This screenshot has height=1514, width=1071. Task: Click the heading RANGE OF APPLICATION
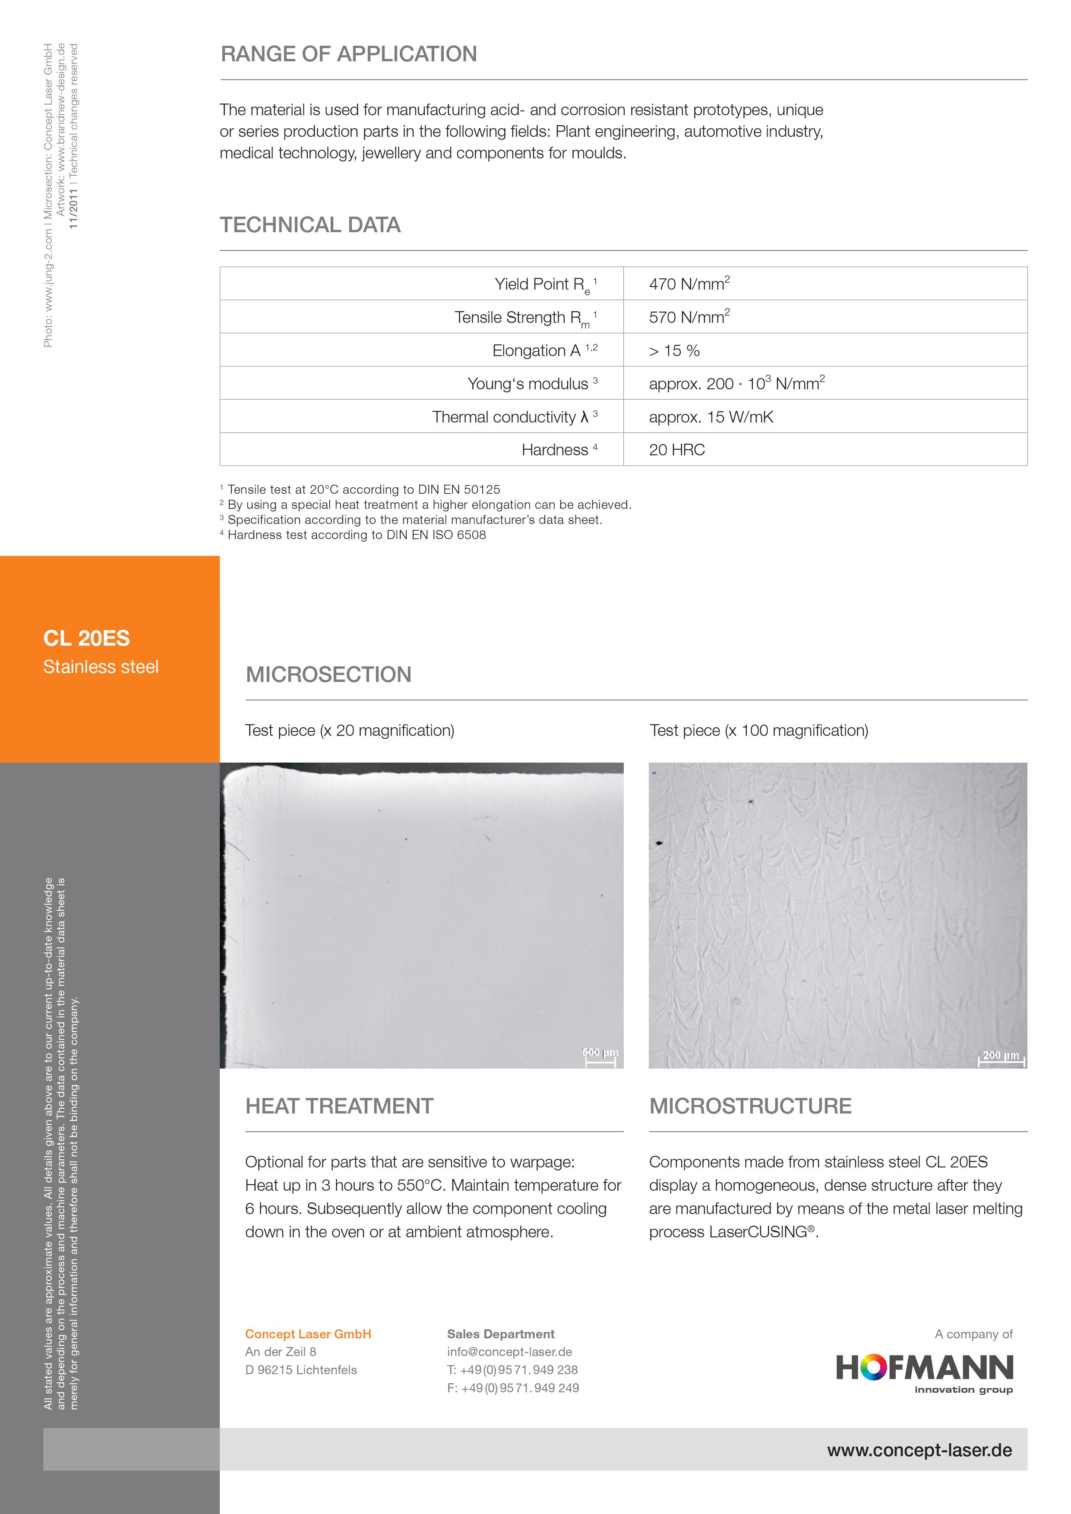(349, 54)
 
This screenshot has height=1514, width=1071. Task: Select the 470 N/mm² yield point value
(689, 284)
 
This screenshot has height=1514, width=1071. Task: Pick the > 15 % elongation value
(674, 351)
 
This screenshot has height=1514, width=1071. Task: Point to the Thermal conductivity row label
(515, 417)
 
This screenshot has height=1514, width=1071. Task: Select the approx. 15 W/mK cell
(711, 417)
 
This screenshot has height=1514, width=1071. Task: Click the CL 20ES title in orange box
(86, 638)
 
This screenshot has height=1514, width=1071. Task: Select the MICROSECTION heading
(329, 675)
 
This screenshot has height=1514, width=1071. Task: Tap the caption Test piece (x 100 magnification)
(758, 731)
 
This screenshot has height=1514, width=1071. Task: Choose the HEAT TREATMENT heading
(339, 1107)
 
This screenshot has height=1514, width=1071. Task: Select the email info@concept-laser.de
(509, 1352)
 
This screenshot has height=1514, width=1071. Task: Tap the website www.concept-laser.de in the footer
(919, 1450)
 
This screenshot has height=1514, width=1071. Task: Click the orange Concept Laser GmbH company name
(308, 1334)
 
